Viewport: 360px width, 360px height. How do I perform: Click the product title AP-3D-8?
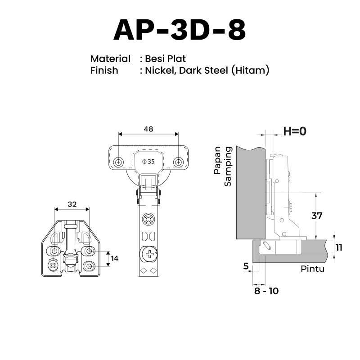[x=180, y=31]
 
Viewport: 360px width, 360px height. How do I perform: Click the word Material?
[x=110, y=58]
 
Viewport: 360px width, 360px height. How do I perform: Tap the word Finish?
[x=104, y=70]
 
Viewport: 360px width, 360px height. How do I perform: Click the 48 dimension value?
[x=148, y=129]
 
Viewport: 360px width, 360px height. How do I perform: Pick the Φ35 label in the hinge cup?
[x=148, y=162]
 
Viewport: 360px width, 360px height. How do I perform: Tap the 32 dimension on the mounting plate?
[x=72, y=204]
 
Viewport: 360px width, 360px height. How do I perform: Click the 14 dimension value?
[x=115, y=258]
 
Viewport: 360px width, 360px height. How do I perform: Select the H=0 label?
[x=294, y=131]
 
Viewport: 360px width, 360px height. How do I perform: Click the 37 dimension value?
[x=317, y=216]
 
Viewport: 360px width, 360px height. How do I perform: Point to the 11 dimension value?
[x=339, y=247]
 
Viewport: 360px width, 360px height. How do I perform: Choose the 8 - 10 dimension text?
[x=266, y=291]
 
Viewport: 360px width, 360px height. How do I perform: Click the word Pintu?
[x=312, y=269]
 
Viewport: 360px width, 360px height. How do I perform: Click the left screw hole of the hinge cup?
[x=118, y=162]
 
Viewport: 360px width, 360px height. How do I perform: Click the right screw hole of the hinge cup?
[x=178, y=162]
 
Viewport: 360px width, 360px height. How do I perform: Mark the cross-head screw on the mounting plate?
[x=53, y=265]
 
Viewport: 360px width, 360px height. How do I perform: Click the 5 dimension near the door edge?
[x=246, y=266]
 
